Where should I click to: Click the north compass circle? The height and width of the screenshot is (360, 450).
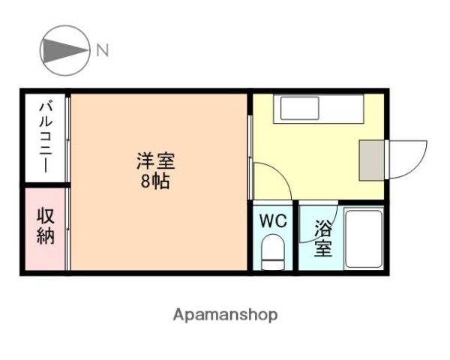click(62, 51)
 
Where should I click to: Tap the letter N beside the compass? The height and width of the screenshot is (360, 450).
click(102, 51)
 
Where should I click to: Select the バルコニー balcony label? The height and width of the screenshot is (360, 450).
click(44, 137)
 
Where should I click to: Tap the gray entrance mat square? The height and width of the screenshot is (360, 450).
click(373, 160)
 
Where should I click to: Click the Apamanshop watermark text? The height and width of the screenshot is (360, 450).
click(225, 315)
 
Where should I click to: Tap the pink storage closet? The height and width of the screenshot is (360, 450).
click(44, 229)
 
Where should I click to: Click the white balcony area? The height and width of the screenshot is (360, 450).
click(44, 137)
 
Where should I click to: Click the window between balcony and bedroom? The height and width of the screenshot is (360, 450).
click(67, 139)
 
